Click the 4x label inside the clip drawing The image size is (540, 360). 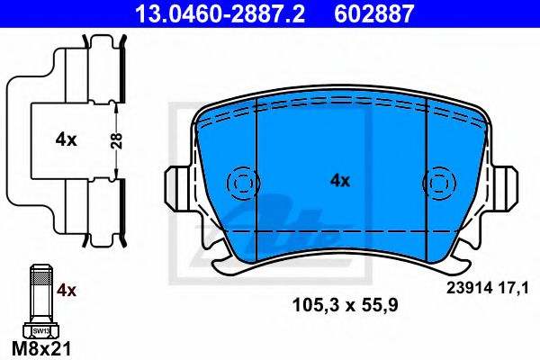[66, 139]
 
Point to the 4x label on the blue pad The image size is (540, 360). [339, 181]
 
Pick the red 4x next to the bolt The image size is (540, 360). [67, 291]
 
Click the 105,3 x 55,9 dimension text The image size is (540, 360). [339, 305]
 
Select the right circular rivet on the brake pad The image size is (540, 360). [439, 183]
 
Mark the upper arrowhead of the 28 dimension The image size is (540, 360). [119, 105]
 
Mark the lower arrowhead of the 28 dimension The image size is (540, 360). [119, 173]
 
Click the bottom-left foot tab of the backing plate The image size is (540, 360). [225, 264]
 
